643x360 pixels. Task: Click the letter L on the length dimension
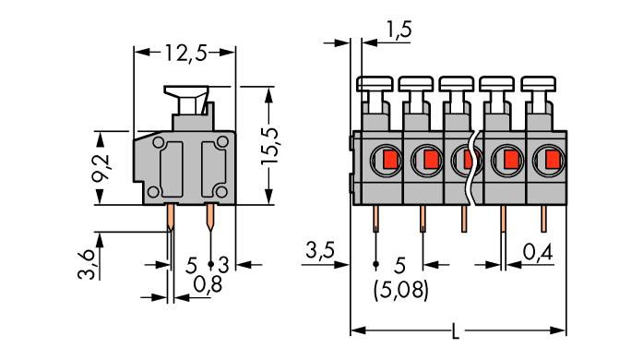[x=458, y=330]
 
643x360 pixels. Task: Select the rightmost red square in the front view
[x=551, y=161]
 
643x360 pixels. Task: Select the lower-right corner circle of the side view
[x=220, y=191]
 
